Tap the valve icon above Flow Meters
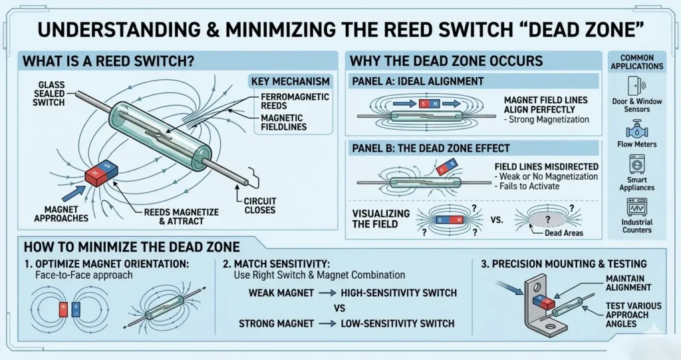[637, 126]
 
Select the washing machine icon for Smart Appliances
[637, 164]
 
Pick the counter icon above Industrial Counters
[637, 206]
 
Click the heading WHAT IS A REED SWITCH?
[108, 62]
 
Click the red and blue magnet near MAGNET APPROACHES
[101, 174]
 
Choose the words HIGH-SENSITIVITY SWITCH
[397, 293]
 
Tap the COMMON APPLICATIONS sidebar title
[636, 62]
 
